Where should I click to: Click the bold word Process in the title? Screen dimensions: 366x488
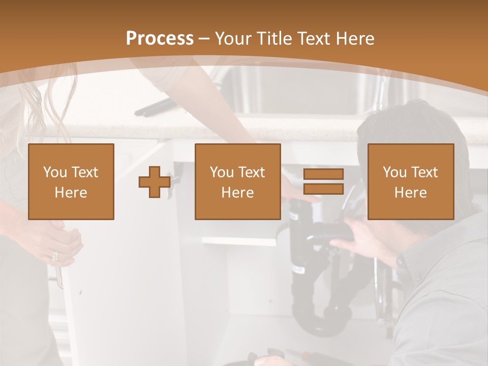pyautogui.click(x=160, y=39)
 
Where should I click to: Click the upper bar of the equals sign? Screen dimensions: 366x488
pyautogui.click(x=323, y=174)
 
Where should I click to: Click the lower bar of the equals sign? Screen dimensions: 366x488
pyautogui.click(x=323, y=189)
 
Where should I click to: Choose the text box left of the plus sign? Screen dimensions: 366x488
pyautogui.click(x=71, y=181)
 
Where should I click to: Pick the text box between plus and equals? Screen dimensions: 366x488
pyautogui.click(x=237, y=181)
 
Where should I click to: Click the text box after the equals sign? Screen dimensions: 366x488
pyautogui.click(x=410, y=181)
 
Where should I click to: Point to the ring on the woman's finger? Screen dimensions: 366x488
pyautogui.click(x=55, y=256)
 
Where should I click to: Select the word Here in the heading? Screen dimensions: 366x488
pyautogui.click(x=355, y=39)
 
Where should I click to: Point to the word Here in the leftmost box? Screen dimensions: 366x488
pyautogui.click(x=71, y=192)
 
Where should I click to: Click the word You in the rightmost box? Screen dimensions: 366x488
pyautogui.click(x=394, y=172)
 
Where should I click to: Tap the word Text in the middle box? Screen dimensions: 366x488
pyautogui.click(x=251, y=172)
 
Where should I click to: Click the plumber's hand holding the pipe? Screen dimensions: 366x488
pyautogui.click(x=361, y=239)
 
